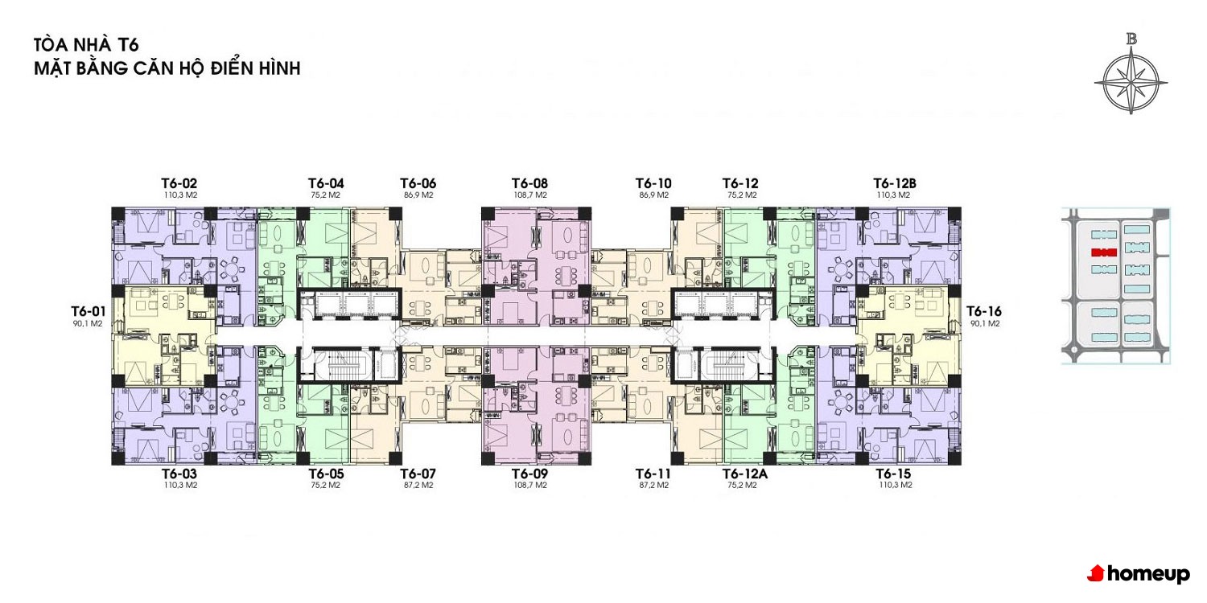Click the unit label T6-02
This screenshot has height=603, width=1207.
[x=179, y=183]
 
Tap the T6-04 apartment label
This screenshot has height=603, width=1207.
[x=326, y=183]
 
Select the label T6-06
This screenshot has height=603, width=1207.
[x=418, y=183]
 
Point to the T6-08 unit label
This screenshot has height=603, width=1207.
[x=529, y=183]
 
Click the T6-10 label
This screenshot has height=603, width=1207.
[x=653, y=183]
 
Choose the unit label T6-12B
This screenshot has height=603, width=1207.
[x=895, y=183]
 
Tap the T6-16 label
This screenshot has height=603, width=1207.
[x=984, y=311]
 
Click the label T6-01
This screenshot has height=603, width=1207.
[x=89, y=311]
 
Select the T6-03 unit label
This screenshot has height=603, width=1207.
[x=179, y=474]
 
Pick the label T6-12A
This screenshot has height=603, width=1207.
[x=744, y=474]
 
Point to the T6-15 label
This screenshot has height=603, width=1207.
[x=893, y=474]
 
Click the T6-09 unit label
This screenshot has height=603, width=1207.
[x=529, y=474]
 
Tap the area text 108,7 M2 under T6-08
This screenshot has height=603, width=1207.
[x=530, y=195]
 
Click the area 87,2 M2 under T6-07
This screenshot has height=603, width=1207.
[x=418, y=485]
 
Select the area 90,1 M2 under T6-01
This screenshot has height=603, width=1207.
[x=87, y=323]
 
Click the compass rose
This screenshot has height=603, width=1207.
[x=1131, y=82]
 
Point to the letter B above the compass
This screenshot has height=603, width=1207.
[x=1131, y=39]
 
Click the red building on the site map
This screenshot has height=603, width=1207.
[x=1103, y=252]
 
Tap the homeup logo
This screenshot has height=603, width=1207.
[x=1138, y=574]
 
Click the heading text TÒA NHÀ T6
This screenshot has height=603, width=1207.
[x=86, y=44]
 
